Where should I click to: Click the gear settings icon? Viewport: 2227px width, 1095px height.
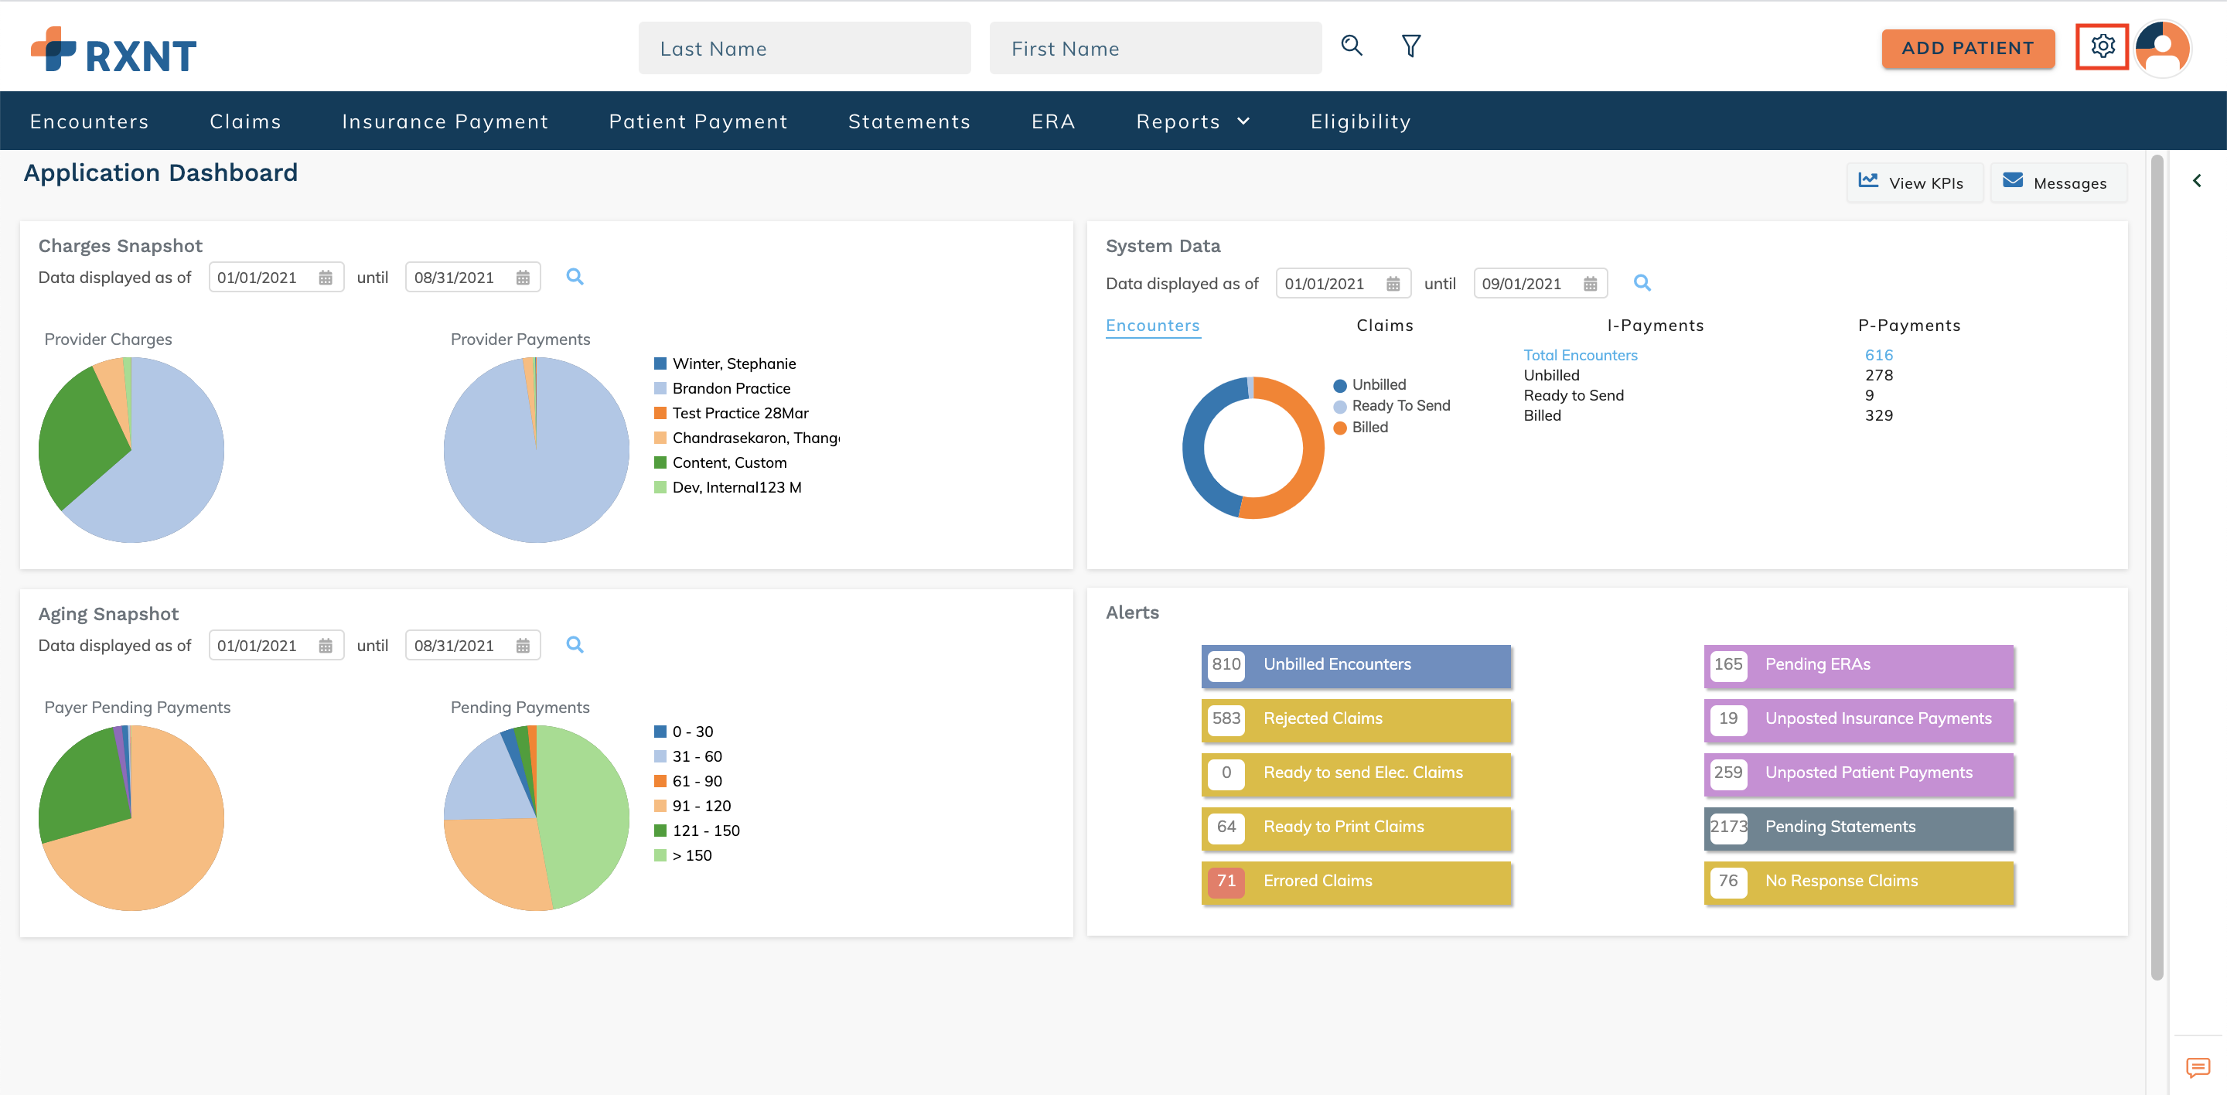2102,46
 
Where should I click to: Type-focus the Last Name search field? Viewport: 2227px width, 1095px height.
804,49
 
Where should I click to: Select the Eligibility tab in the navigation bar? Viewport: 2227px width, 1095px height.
1360,122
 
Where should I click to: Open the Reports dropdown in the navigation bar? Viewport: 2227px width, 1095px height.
1192,122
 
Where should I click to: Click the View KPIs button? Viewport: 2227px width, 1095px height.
1913,182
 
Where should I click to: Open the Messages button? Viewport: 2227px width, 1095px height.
2058,182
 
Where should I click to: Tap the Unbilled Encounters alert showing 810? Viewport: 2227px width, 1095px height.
1355,664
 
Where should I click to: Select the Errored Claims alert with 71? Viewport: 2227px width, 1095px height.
1355,882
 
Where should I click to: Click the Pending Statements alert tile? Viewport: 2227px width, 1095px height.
1858,827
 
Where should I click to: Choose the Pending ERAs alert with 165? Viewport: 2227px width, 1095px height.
1858,664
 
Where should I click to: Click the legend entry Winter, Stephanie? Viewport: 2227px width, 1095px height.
733,364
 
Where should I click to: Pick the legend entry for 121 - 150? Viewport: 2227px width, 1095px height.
704,831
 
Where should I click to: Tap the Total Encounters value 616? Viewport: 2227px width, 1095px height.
1877,355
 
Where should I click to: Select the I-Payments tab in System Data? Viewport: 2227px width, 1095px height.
1655,326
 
